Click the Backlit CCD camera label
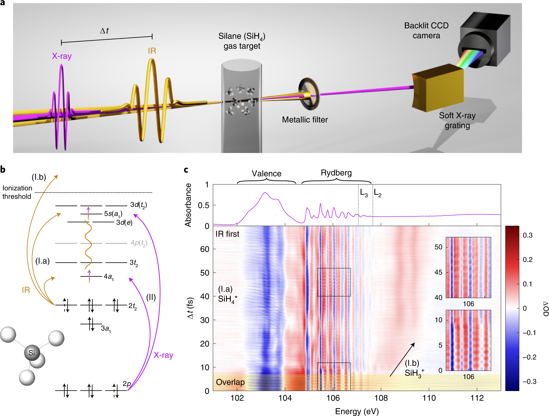(426, 30)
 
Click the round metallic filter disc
(308, 94)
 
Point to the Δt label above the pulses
(104, 31)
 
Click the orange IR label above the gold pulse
(152, 51)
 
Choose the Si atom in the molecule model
(32, 353)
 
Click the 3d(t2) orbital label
(138, 205)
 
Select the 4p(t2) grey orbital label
(139, 243)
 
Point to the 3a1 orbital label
(106, 329)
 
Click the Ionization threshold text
(17, 192)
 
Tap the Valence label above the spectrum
(266, 174)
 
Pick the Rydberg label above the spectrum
(336, 173)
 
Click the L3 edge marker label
(364, 193)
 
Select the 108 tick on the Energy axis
(381, 398)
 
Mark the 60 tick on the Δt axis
(205, 249)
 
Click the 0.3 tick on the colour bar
(528, 235)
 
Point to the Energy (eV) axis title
(357, 411)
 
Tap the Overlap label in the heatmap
(230, 382)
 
